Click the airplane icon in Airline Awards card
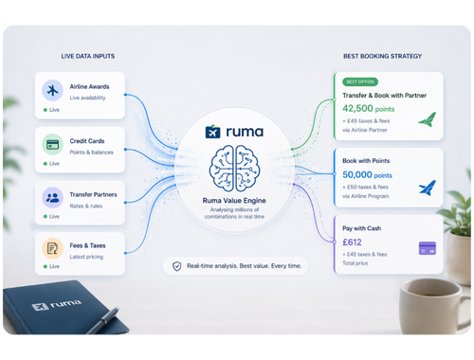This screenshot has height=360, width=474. coord(54,91)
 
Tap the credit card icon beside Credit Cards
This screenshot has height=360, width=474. coord(54,145)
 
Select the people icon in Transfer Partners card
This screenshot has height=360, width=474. coord(54,198)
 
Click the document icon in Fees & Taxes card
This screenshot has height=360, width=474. coord(54,249)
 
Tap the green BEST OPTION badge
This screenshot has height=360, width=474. coord(360,81)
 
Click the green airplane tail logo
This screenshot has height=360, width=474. coord(427,119)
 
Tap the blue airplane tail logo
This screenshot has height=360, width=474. coord(427,187)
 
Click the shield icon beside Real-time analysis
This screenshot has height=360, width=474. coord(176,266)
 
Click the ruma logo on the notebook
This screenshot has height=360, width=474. coord(49,307)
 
